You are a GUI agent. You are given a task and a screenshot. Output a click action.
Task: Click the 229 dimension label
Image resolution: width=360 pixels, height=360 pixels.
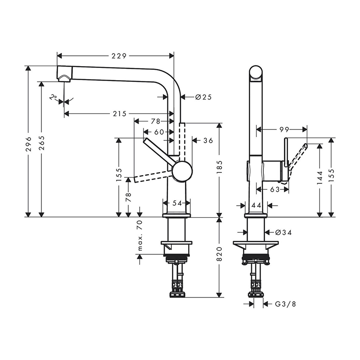(119, 56)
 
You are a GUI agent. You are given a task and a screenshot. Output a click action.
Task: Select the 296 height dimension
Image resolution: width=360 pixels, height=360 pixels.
(28, 144)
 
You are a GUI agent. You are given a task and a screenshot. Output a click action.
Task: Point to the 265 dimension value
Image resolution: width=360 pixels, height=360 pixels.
(41, 143)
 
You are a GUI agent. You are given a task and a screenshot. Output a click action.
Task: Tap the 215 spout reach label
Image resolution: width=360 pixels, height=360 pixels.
(120, 114)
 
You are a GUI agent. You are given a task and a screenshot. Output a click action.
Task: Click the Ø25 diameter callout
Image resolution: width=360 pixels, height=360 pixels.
(203, 97)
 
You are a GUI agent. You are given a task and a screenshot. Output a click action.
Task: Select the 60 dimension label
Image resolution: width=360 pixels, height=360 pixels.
(159, 132)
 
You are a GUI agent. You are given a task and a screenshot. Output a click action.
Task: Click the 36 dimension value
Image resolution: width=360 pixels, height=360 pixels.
(208, 140)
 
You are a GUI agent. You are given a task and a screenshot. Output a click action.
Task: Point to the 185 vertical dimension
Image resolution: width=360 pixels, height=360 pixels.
(220, 167)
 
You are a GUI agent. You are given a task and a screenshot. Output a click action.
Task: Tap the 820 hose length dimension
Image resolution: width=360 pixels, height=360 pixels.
(220, 254)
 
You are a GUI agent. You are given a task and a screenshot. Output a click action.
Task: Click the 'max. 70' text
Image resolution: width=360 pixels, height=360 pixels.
(140, 235)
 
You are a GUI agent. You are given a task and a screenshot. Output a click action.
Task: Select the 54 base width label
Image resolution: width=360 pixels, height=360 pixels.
(177, 203)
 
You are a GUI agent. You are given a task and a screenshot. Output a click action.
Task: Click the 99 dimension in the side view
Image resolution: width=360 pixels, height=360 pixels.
(284, 130)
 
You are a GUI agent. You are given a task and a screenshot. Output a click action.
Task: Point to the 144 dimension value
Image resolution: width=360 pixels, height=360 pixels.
(320, 178)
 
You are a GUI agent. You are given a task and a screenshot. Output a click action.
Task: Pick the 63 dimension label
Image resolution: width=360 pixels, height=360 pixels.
(274, 189)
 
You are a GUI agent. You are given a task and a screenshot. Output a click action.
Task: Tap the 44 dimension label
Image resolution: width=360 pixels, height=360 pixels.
(256, 205)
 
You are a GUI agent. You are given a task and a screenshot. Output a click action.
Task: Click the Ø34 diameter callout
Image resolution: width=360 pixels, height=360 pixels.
(283, 233)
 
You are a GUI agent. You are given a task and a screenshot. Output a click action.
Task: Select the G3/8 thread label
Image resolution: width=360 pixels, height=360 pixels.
(285, 304)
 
